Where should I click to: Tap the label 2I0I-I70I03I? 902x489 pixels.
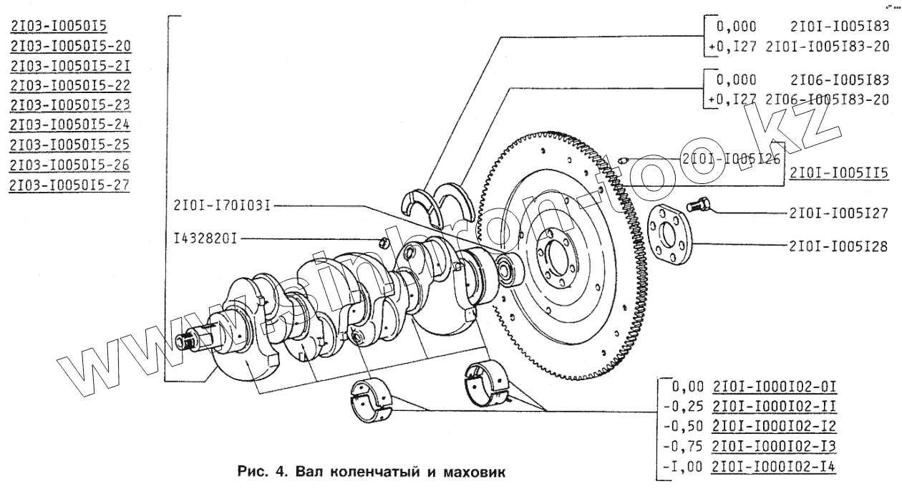coord(220,206)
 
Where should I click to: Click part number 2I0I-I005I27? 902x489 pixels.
coord(838,213)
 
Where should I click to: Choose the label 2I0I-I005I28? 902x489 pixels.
coord(838,246)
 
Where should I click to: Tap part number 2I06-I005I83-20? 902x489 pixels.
coord(828,100)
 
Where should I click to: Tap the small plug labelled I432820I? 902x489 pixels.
coord(384,240)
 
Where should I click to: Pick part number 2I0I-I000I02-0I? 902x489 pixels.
coord(775,387)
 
